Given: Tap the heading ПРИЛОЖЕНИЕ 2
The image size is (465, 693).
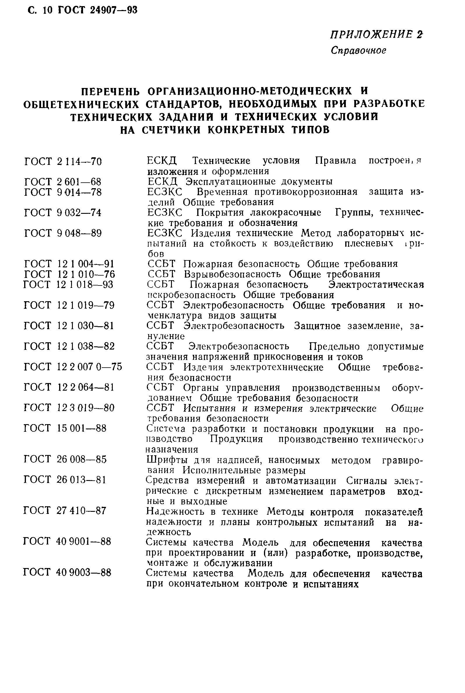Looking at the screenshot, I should (x=376, y=34).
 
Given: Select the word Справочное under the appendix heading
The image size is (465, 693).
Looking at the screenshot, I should (x=359, y=50).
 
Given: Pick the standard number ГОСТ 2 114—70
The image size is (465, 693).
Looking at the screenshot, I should (x=63, y=162).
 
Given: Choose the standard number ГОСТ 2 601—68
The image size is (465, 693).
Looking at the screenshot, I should (x=63, y=181).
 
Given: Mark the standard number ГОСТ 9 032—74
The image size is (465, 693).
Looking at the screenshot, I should (x=63, y=213).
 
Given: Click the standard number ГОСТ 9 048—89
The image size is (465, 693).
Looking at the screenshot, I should (x=63, y=233).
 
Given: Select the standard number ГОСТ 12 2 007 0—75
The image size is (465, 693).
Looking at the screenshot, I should (x=73, y=367).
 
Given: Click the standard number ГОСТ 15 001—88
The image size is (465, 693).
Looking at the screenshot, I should (x=65, y=428).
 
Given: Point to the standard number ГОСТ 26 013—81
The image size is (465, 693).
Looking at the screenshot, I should (x=65, y=479).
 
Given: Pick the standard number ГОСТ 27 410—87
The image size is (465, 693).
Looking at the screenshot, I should (x=65, y=510).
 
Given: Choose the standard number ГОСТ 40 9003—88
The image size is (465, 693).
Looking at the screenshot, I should (x=67, y=572).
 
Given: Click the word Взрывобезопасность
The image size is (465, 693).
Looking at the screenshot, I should (x=232, y=274).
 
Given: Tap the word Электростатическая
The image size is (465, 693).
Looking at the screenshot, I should (x=376, y=285).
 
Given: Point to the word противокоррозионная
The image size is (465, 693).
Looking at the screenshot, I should (x=306, y=192).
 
